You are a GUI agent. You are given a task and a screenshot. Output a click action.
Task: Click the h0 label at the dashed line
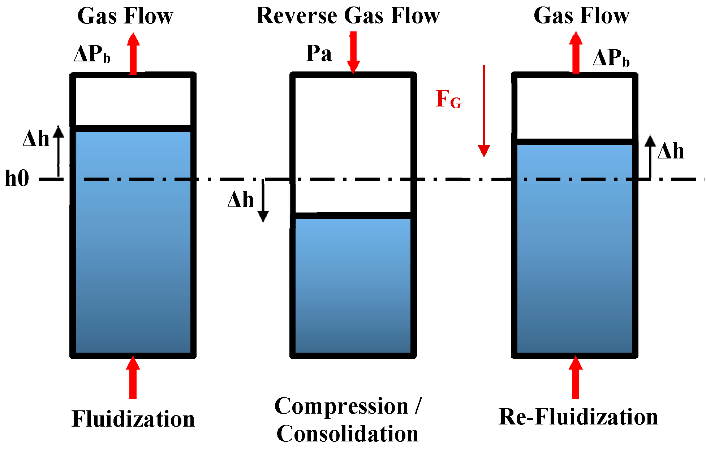point(17,178)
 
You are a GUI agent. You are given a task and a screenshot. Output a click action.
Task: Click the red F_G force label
point(448,99)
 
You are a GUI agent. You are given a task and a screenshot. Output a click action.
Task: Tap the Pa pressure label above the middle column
point(319,53)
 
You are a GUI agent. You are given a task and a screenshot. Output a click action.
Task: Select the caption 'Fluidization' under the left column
point(133,419)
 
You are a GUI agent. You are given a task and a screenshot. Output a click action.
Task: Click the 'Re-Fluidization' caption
point(578,417)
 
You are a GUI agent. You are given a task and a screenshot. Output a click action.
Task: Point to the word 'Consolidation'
point(347,434)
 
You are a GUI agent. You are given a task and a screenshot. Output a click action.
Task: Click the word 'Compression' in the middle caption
point(341,406)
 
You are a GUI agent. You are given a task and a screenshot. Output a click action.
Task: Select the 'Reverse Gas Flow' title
point(348,16)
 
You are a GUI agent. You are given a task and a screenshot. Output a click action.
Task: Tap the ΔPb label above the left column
point(92,55)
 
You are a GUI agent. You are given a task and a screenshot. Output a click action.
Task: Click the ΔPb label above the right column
point(611,58)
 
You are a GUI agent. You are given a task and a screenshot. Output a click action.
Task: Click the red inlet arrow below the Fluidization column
point(133,378)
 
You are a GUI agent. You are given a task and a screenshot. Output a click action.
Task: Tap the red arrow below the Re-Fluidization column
point(576,378)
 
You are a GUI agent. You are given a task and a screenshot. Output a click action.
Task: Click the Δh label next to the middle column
point(240,200)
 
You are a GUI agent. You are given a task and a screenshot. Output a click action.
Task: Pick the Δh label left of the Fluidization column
point(36,139)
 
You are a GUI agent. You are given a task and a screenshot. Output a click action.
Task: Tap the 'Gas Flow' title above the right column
point(581,16)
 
